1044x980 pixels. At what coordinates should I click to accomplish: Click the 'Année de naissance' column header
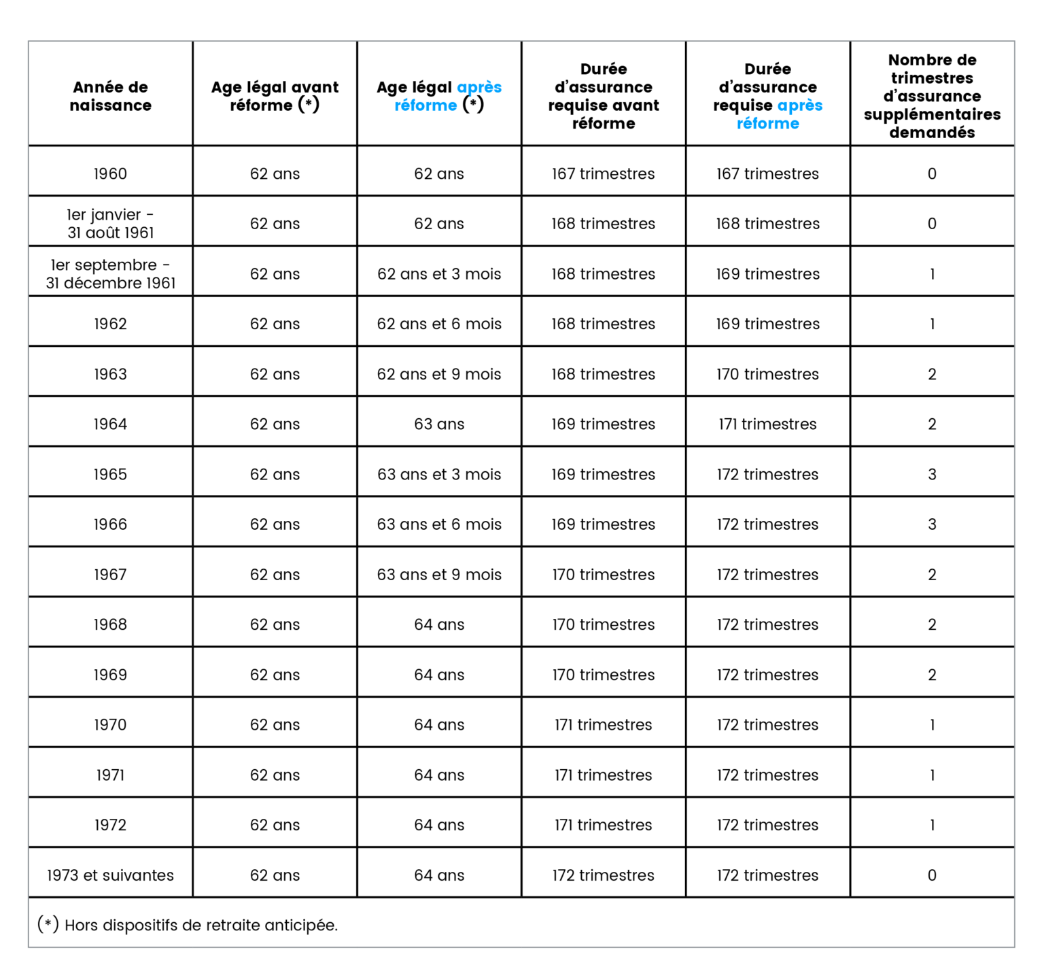(110, 96)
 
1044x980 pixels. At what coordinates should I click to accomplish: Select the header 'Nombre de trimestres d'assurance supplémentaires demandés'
(932, 96)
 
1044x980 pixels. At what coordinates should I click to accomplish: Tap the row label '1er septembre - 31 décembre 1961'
(110, 273)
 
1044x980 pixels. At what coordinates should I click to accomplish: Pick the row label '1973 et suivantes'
(110, 875)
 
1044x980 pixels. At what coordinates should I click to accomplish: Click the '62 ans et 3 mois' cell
(439, 273)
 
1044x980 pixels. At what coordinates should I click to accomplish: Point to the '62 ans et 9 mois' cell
(439, 373)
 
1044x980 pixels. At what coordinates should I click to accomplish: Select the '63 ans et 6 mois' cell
(439, 524)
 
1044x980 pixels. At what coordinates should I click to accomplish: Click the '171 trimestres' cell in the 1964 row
(767, 424)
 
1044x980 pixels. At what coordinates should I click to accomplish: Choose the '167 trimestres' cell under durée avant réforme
(603, 173)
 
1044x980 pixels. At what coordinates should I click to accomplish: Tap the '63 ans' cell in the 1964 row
(439, 424)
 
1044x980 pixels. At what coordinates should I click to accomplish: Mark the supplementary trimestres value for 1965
(932, 474)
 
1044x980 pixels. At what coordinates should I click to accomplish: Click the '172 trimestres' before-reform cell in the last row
(603, 875)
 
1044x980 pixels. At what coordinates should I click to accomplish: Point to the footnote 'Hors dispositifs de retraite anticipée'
(201, 925)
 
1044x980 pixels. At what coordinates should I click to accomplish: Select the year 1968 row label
(110, 624)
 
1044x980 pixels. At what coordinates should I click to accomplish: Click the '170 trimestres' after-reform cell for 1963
(767, 373)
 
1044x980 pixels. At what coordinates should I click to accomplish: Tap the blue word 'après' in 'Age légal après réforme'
(479, 88)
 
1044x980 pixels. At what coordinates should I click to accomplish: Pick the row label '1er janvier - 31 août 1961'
(110, 223)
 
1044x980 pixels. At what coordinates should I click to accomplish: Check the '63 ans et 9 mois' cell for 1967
(439, 574)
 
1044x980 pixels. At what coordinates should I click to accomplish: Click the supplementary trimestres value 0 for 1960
(932, 173)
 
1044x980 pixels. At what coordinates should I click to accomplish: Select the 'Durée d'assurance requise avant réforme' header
(603, 96)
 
